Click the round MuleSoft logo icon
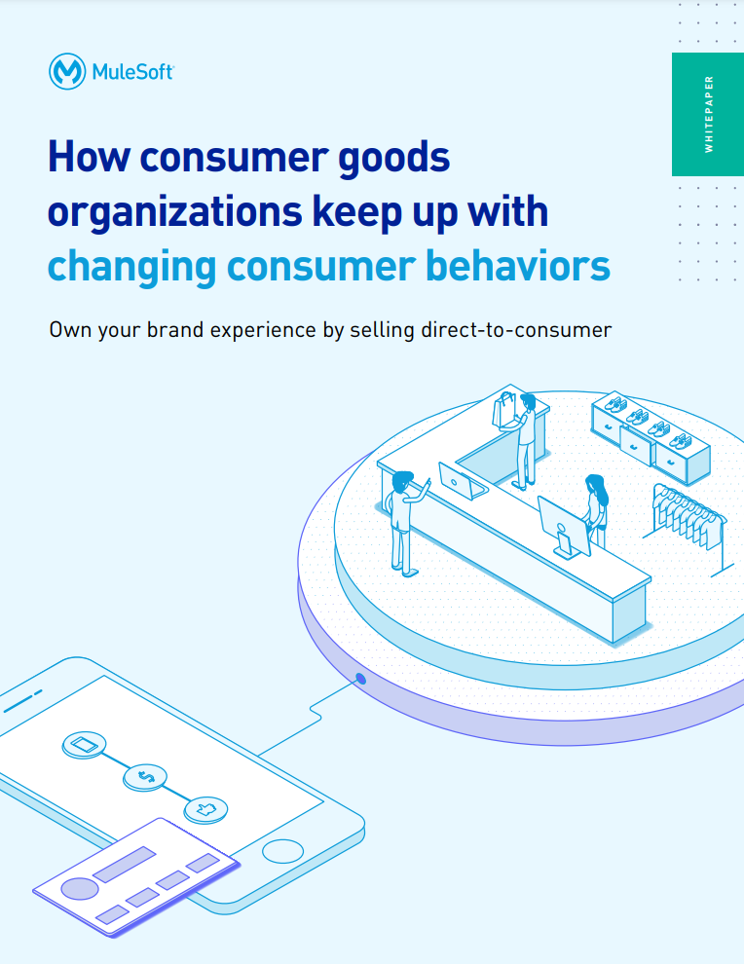point(67,71)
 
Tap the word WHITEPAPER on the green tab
point(709,114)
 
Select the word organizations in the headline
point(174,212)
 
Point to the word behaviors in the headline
point(518,266)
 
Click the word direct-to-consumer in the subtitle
point(516,330)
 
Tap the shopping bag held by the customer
point(504,411)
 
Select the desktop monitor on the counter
point(564,527)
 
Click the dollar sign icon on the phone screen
point(145,777)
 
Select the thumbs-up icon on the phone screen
point(206,809)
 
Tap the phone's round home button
point(282,851)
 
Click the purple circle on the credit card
point(80,888)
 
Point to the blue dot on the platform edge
point(361,679)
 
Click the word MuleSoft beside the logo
point(132,72)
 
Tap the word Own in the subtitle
point(70,330)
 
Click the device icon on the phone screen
point(85,745)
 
